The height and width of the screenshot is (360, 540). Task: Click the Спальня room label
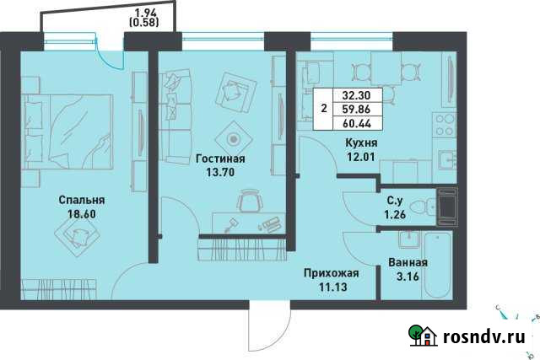[81, 200]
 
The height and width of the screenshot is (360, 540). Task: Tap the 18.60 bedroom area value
[81, 215]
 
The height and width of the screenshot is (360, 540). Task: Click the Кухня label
[361, 143]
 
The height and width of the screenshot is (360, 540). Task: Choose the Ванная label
[408, 262]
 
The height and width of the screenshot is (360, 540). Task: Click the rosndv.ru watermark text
[485, 336]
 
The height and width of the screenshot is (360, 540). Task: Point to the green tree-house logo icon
[423, 336]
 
